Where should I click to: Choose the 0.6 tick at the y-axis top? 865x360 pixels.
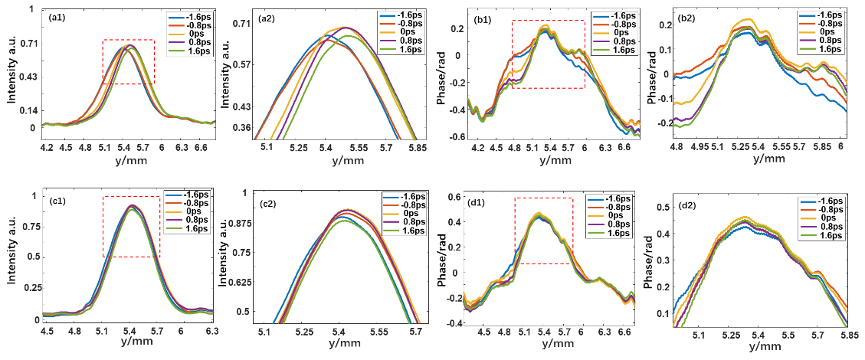coord(454,197)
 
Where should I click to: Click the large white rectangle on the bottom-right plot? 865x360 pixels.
coord(673,338)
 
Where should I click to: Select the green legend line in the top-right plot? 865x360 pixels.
coord(807,49)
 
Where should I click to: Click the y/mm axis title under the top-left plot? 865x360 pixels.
coord(128,160)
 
